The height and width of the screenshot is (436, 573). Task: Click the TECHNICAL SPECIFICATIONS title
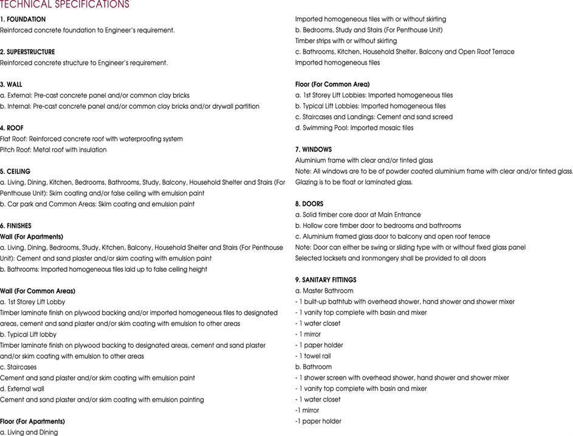(x=64, y=4)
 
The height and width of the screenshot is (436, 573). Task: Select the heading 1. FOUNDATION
(x=22, y=19)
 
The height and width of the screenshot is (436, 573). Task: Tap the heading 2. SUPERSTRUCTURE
(x=27, y=52)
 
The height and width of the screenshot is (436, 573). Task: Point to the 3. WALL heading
(x=12, y=85)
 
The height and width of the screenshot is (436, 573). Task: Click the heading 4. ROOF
(x=12, y=128)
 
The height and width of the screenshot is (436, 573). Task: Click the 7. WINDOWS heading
(x=314, y=150)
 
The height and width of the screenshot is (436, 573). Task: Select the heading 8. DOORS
(x=309, y=204)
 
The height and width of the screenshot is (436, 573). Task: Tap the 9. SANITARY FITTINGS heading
(x=326, y=280)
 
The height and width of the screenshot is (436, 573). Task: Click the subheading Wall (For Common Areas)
(x=38, y=291)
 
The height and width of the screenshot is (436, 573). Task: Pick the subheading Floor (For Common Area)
(x=332, y=85)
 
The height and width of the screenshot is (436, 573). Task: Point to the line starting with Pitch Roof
(x=53, y=150)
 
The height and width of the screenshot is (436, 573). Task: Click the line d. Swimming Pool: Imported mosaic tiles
(x=354, y=128)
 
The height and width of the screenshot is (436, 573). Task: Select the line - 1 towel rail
(x=313, y=356)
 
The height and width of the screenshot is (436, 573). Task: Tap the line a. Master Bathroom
(x=324, y=291)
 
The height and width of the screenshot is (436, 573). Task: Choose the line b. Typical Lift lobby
(x=28, y=334)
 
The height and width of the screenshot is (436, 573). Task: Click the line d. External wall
(x=22, y=389)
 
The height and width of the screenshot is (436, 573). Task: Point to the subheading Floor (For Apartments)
(x=32, y=421)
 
